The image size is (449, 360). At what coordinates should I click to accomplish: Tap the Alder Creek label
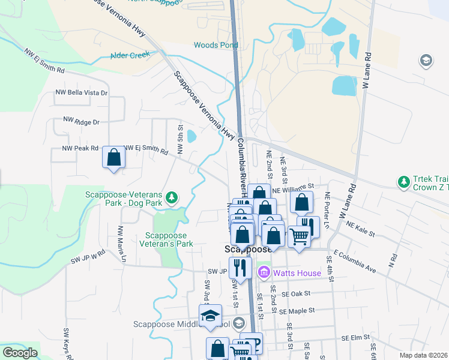click(x=130, y=56)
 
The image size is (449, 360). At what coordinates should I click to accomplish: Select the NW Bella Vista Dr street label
click(x=81, y=93)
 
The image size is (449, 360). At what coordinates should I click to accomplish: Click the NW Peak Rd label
click(x=80, y=148)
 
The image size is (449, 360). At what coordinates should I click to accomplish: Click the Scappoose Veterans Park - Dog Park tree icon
click(x=172, y=196)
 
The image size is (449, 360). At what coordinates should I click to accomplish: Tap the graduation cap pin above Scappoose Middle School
click(x=211, y=316)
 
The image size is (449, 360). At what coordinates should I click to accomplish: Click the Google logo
click(x=20, y=353)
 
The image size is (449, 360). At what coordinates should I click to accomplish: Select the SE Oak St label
click(x=295, y=294)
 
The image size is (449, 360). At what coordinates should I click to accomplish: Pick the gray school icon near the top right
click(x=426, y=61)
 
